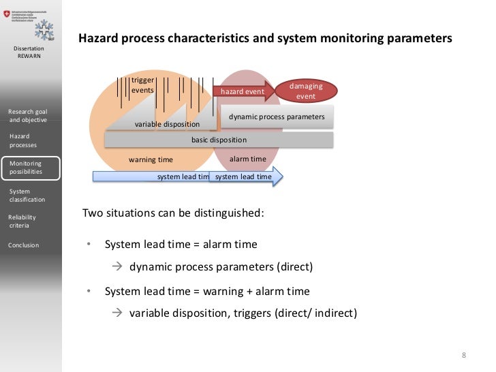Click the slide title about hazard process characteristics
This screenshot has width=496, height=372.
[x=265, y=39]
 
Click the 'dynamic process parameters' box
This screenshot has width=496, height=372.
[x=277, y=117]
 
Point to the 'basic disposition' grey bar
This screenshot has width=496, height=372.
[x=219, y=140]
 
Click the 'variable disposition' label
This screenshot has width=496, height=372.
[x=167, y=124]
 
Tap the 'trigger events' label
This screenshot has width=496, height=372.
[x=142, y=85]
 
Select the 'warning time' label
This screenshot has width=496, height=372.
[x=151, y=159]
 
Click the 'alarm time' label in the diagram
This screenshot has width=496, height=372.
[x=247, y=159]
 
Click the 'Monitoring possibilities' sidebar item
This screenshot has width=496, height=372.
[x=31, y=168]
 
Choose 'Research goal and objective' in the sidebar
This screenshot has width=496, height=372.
[x=28, y=115]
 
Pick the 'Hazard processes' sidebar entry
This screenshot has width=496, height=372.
[x=23, y=140]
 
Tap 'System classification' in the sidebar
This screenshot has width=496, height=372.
[x=27, y=196]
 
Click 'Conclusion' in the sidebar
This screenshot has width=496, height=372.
[x=24, y=245]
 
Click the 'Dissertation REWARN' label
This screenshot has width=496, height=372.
[x=29, y=52]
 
